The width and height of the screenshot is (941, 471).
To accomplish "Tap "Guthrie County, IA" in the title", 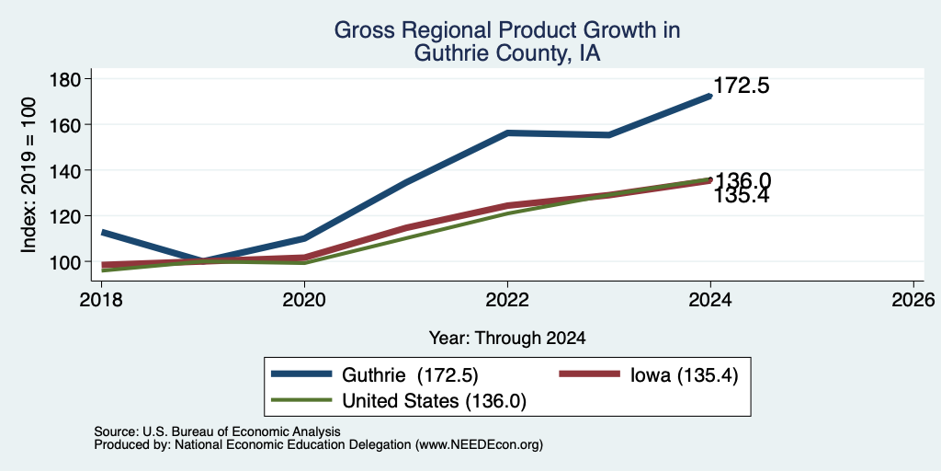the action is click(507, 54).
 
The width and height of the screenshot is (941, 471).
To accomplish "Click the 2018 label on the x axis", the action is click(101, 300).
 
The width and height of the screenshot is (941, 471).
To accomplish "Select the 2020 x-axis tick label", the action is click(304, 300).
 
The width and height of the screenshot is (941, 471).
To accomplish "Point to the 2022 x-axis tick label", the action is click(507, 300).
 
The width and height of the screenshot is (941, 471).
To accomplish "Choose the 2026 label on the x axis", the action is click(913, 300).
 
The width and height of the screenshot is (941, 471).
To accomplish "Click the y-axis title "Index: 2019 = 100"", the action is click(28, 176).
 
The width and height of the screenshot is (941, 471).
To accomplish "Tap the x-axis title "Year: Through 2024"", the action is click(507, 339).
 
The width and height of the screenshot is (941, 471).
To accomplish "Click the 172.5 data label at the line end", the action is click(742, 86).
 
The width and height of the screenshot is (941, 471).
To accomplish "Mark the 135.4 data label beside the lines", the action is click(742, 196).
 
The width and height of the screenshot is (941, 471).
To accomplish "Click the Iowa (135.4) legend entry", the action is click(649, 375).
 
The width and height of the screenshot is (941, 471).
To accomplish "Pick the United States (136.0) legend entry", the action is click(399, 401).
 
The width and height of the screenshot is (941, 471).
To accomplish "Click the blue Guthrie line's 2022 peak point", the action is click(507, 132).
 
